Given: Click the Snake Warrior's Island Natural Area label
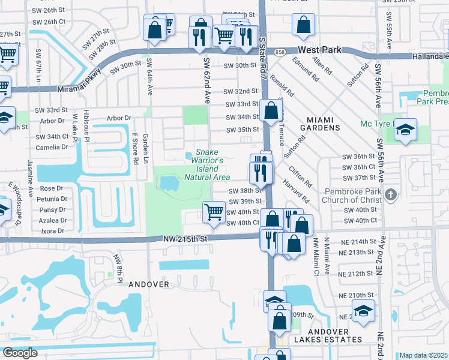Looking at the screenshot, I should pyautogui.click(x=207, y=165).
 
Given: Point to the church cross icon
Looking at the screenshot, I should pyautogui.click(x=391, y=194).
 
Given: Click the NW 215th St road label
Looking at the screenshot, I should pyautogui.click(x=185, y=239).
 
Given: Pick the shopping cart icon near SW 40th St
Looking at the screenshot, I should pyautogui.click(x=214, y=213).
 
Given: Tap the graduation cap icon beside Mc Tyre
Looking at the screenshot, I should pyautogui.click(x=406, y=130).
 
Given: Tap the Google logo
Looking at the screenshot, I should pyautogui.click(x=20, y=352).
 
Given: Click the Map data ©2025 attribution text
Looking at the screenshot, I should pyautogui.click(x=423, y=355).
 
